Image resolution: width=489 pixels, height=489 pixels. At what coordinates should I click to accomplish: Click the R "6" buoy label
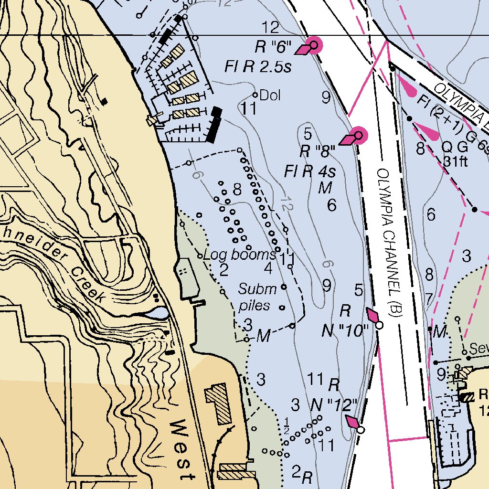click(x=273, y=47)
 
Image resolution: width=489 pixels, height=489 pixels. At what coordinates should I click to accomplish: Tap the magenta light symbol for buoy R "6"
click(x=313, y=46)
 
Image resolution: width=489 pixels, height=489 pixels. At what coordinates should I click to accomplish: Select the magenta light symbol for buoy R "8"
click(x=358, y=136)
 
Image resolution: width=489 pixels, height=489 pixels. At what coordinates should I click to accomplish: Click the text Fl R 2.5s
click(x=258, y=67)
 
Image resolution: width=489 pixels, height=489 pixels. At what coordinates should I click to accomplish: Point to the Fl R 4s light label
click(x=310, y=170)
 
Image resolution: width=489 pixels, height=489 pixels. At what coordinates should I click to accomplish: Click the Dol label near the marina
click(x=270, y=96)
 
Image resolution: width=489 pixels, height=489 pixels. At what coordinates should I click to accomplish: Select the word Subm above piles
click(x=257, y=289)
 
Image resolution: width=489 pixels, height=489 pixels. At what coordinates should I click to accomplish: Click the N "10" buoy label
click(x=345, y=330)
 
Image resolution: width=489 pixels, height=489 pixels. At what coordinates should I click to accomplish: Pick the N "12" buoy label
click(x=334, y=405)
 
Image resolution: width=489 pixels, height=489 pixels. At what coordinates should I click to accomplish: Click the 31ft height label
click(x=456, y=161)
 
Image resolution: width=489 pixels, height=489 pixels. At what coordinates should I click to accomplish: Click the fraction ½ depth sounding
click(x=287, y=423)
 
